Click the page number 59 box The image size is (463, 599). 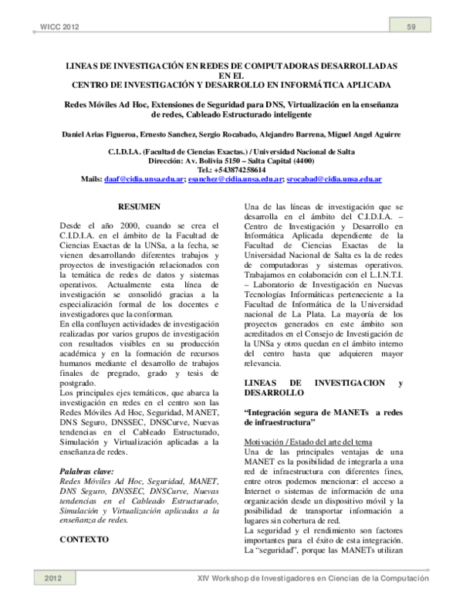click(412, 29)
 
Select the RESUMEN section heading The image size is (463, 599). click(138, 207)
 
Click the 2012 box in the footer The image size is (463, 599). click(52, 578)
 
